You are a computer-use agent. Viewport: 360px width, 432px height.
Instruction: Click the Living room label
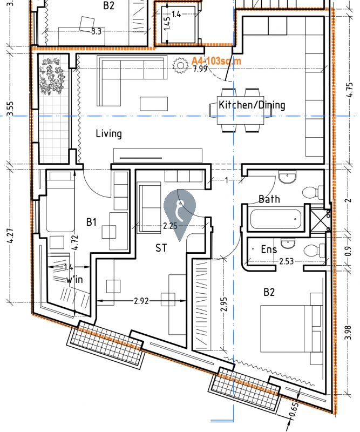coord(108,133)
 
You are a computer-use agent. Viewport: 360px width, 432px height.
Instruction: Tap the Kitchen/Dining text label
coord(252,105)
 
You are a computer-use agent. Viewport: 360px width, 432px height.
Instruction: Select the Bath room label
coord(269,199)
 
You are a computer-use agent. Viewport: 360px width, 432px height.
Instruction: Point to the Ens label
coord(268,249)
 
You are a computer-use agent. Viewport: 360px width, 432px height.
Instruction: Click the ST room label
coord(161,248)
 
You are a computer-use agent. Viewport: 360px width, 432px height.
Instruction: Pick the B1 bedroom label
coord(91,221)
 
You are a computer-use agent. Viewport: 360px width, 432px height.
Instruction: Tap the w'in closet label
coord(74,280)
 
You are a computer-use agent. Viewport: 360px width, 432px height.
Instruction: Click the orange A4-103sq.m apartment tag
coord(216,61)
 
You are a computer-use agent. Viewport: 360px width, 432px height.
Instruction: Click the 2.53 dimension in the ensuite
coord(286,262)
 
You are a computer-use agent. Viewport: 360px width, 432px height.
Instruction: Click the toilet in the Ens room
coord(311,249)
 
